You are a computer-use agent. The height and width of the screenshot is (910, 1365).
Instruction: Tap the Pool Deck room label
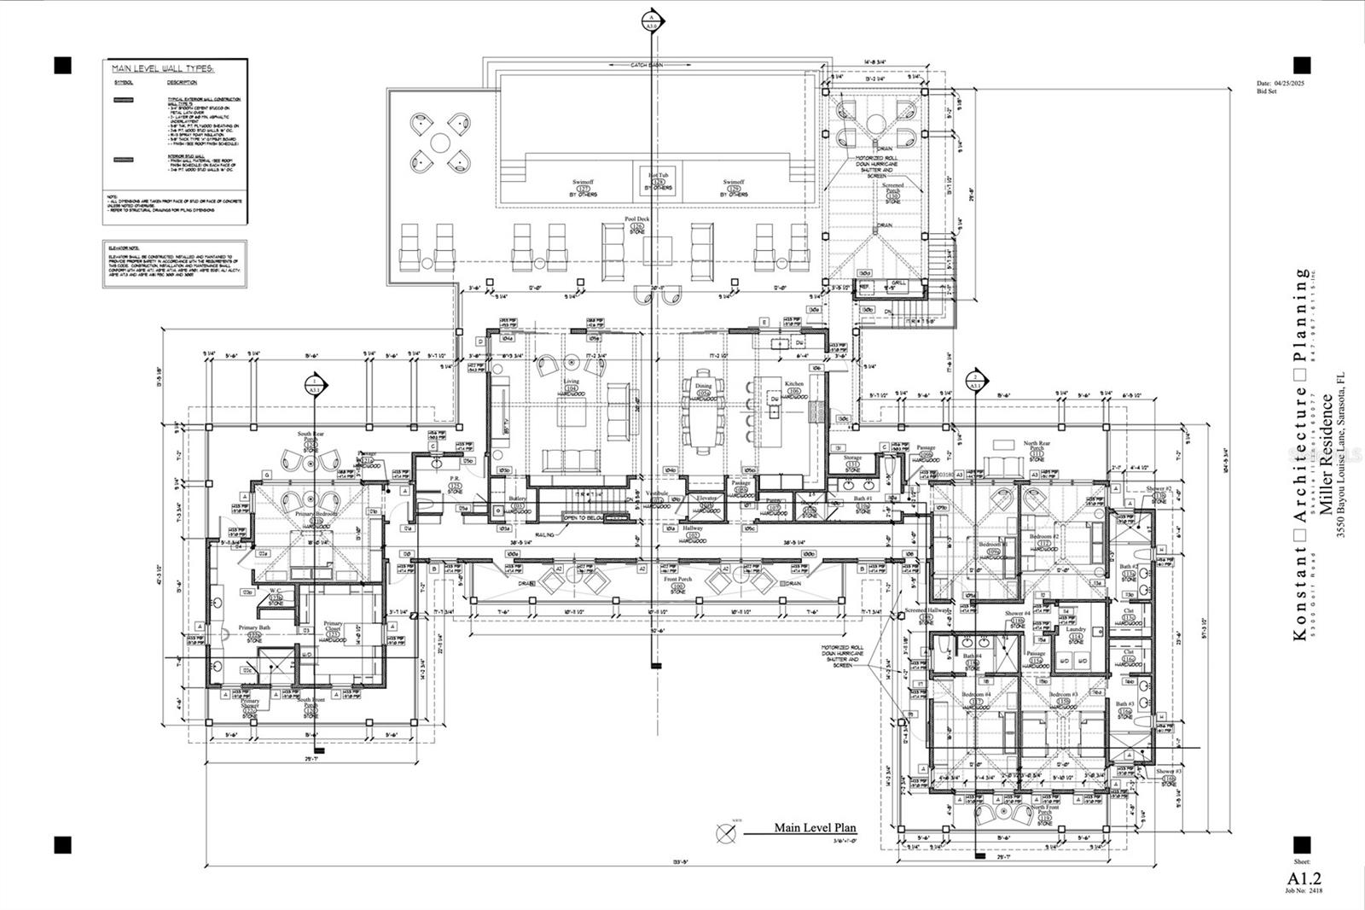[x=637, y=219]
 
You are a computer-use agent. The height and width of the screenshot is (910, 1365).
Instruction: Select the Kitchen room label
[x=793, y=385]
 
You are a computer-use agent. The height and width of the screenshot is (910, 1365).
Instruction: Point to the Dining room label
[x=704, y=386]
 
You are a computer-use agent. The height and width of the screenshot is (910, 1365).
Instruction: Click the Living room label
[x=570, y=382]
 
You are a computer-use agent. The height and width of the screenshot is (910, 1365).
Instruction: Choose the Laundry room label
[x=1076, y=629]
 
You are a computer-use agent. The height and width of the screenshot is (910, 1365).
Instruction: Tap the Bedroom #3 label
[x=1063, y=695]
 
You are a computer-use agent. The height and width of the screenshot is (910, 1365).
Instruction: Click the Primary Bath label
[x=253, y=628]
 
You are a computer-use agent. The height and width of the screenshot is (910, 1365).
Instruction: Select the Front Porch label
[x=677, y=580]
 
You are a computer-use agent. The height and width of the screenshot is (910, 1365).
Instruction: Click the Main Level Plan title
[x=815, y=827]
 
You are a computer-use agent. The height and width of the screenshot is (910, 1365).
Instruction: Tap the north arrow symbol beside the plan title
[x=727, y=830]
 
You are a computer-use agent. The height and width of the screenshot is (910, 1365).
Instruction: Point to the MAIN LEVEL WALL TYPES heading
[x=163, y=67]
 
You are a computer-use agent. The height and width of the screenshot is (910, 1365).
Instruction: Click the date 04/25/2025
[x=1287, y=83]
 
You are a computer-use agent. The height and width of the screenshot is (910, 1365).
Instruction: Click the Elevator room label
[x=706, y=497]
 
